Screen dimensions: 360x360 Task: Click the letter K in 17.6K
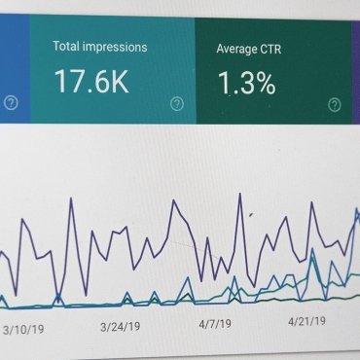[119, 82]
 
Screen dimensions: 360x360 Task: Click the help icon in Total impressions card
[177, 103]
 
